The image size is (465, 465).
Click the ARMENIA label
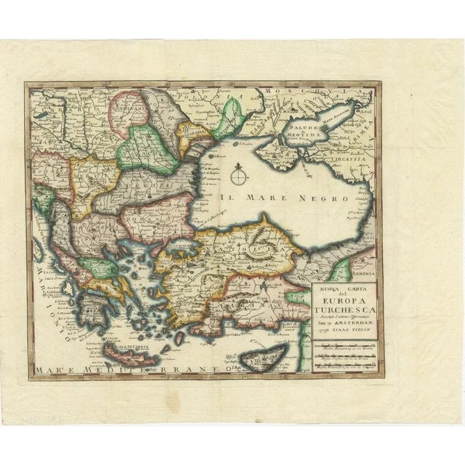pyautogui.click(x=363, y=272)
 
